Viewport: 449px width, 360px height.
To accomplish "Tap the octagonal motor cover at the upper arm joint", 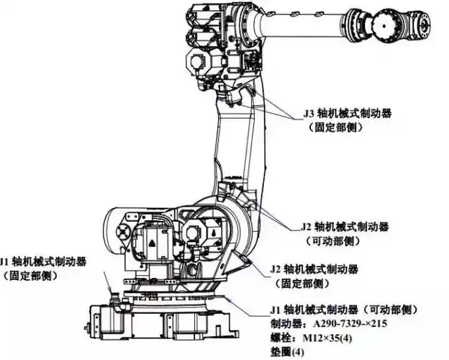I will [204, 63].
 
